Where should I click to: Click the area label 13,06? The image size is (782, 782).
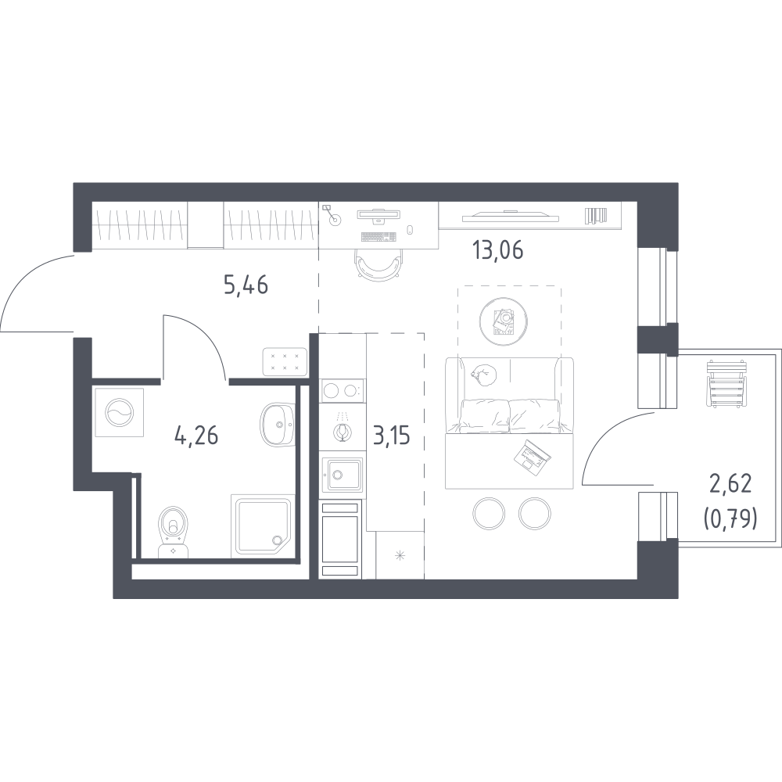tap(498, 250)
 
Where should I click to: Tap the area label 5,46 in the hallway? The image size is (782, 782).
tap(246, 285)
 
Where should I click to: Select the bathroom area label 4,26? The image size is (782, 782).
tap(196, 436)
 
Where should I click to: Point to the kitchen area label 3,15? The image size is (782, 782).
tap(391, 436)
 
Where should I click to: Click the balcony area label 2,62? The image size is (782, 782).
tap(730, 484)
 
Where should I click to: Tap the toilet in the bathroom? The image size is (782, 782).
tap(173, 532)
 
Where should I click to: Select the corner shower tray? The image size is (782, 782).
tap(263, 526)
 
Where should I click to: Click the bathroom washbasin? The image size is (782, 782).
tap(276, 425)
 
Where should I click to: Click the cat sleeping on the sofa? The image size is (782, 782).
tap(483, 375)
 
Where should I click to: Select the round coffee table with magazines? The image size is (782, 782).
tap(504, 321)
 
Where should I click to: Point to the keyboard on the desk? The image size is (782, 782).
tap(378, 236)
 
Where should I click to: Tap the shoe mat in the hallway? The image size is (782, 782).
tap(285, 361)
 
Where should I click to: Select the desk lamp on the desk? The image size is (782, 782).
tap(332, 214)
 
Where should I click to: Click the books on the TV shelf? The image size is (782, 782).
tap(595, 215)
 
